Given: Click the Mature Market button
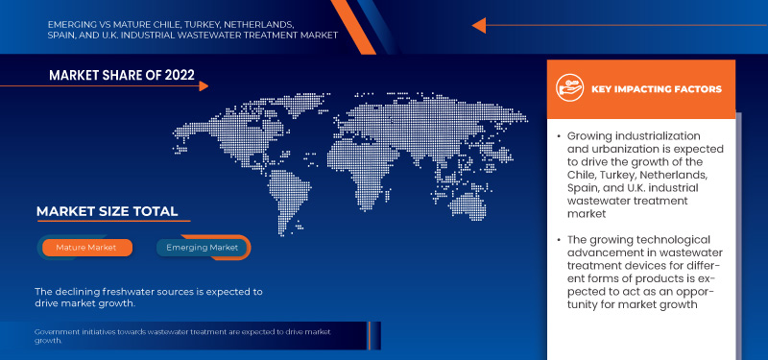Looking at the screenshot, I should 85,248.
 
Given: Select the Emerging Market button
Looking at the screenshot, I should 203,248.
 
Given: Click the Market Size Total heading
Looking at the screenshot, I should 107,211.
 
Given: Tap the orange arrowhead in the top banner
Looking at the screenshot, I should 479,26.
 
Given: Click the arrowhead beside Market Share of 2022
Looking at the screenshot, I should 203,86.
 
